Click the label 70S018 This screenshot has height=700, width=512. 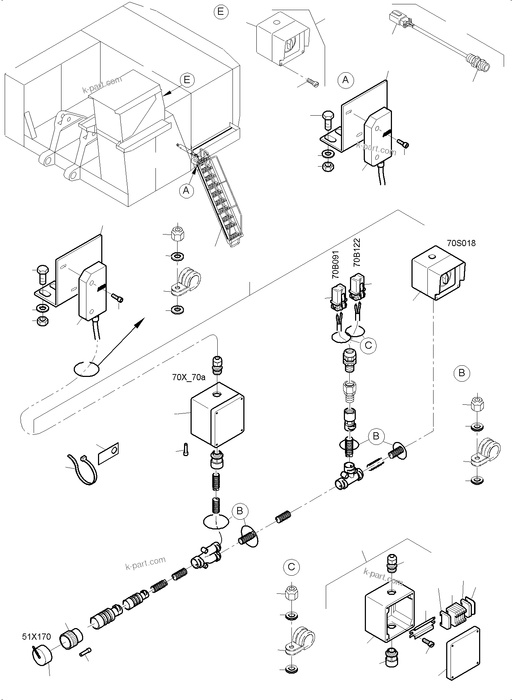coord(461,243)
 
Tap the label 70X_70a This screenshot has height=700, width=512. coord(188,378)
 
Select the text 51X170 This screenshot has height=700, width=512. coord(37,637)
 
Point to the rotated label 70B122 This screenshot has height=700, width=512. coord(357,252)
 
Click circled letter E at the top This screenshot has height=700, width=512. coord(221,12)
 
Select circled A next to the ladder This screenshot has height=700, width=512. coord(186,190)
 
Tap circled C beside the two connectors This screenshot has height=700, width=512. coord(368,345)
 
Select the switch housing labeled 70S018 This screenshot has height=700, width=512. coord(438,273)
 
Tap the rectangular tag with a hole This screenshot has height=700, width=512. coord(109,453)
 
